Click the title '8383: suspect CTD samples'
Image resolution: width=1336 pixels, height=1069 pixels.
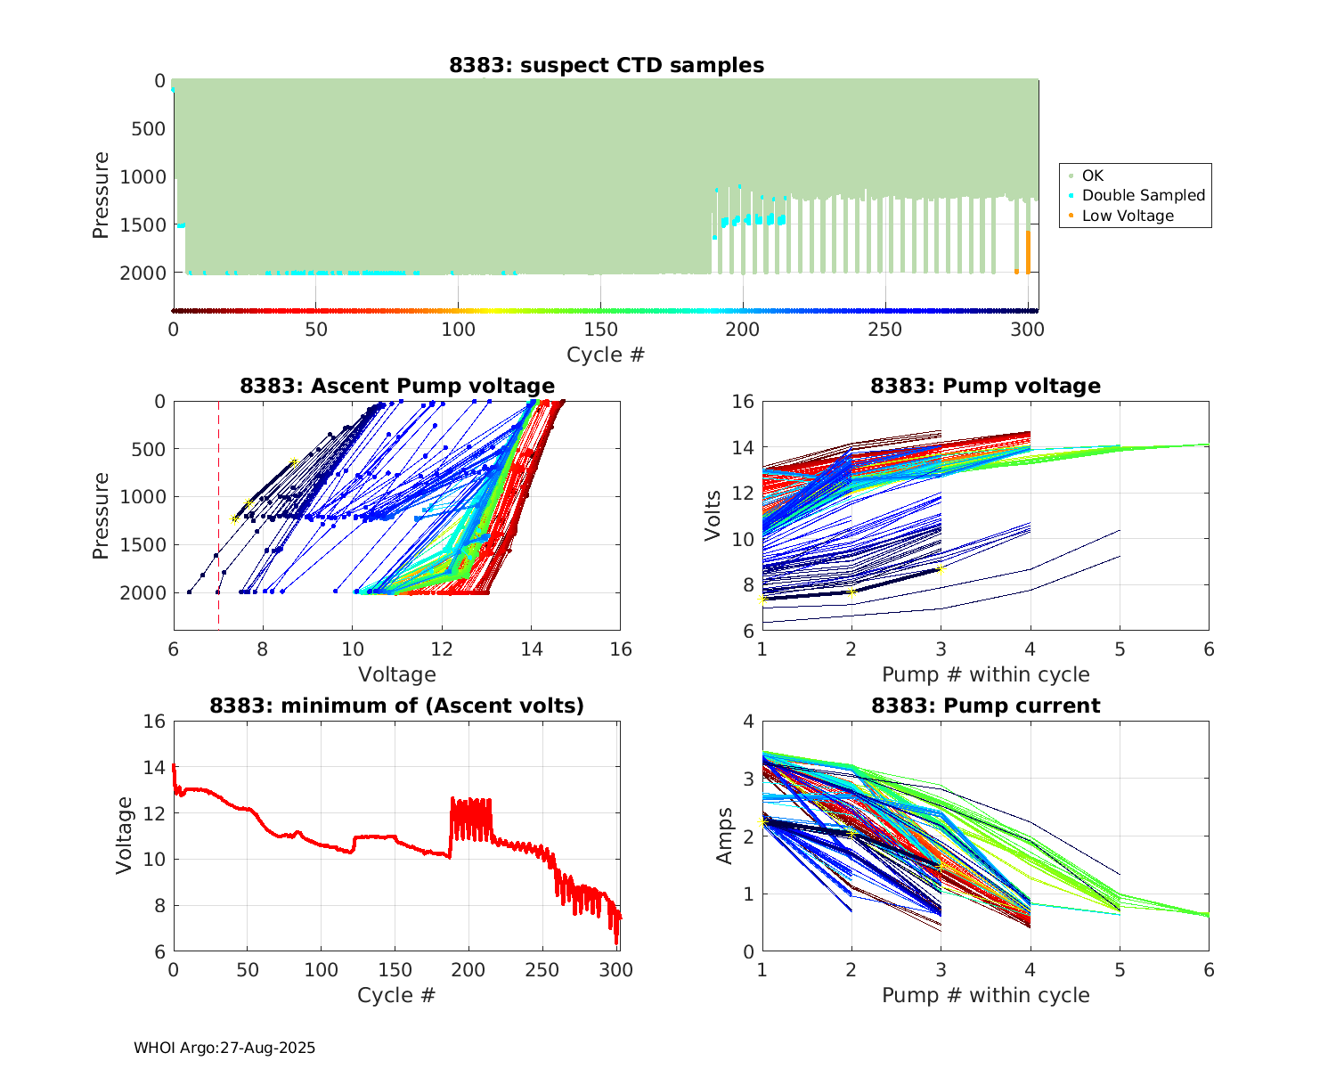pyautogui.click(x=607, y=65)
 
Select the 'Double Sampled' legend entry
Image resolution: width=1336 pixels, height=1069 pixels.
pyautogui.click(x=1143, y=195)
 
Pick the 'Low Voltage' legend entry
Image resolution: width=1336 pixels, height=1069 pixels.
pyautogui.click(x=1128, y=216)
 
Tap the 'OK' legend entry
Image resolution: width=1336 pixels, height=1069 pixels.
pyautogui.click(x=1093, y=175)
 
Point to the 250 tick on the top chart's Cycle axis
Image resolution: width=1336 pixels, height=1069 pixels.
pyautogui.click(x=885, y=330)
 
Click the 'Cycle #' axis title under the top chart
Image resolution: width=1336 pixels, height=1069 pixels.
pyautogui.click(x=606, y=355)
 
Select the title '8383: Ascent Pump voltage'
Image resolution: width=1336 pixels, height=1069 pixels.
pyautogui.click(x=397, y=386)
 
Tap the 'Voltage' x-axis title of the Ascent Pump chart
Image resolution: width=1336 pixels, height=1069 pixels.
pyautogui.click(x=397, y=674)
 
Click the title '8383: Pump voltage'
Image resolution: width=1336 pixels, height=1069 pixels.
pyautogui.click(x=985, y=386)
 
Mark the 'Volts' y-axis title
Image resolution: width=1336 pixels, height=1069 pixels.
pyautogui.click(x=713, y=515)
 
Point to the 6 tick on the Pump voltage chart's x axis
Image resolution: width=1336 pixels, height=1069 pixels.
pyautogui.click(x=1209, y=649)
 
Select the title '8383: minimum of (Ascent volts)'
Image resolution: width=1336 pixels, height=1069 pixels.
pyautogui.click(x=397, y=706)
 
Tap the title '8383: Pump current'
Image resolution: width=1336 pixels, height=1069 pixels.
pyautogui.click(x=985, y=706)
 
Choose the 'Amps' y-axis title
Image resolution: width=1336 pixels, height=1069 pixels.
pyautogui.click(x=726, y=836)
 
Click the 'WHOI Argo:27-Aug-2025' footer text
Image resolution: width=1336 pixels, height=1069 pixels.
pyautogui.click(x=224, y=1048)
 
